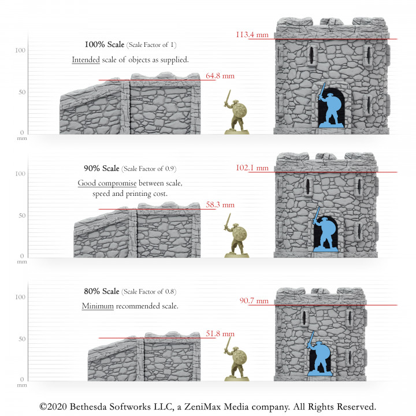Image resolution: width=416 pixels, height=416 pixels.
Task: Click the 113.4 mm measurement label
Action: (252, 35)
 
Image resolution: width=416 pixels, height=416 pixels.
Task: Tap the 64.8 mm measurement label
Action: (220, 76)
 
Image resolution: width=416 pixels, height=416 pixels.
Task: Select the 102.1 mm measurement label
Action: (252, 168)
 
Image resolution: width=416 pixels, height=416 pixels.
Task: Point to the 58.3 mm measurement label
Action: (220, 205)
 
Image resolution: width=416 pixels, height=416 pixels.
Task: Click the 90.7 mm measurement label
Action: (254, 300)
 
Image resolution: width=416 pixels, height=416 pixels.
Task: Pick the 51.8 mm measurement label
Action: (220, 333)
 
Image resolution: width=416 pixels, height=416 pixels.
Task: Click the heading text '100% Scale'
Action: (104, 44)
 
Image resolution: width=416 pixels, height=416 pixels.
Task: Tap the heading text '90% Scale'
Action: (102, 169)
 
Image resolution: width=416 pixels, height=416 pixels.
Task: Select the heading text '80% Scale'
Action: (102, 291)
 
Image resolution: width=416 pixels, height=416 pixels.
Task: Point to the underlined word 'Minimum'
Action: (98, 306)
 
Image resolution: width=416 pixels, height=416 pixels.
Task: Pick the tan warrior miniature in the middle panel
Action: (237, 237)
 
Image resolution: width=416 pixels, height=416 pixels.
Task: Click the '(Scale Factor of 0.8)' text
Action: (149, 291)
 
